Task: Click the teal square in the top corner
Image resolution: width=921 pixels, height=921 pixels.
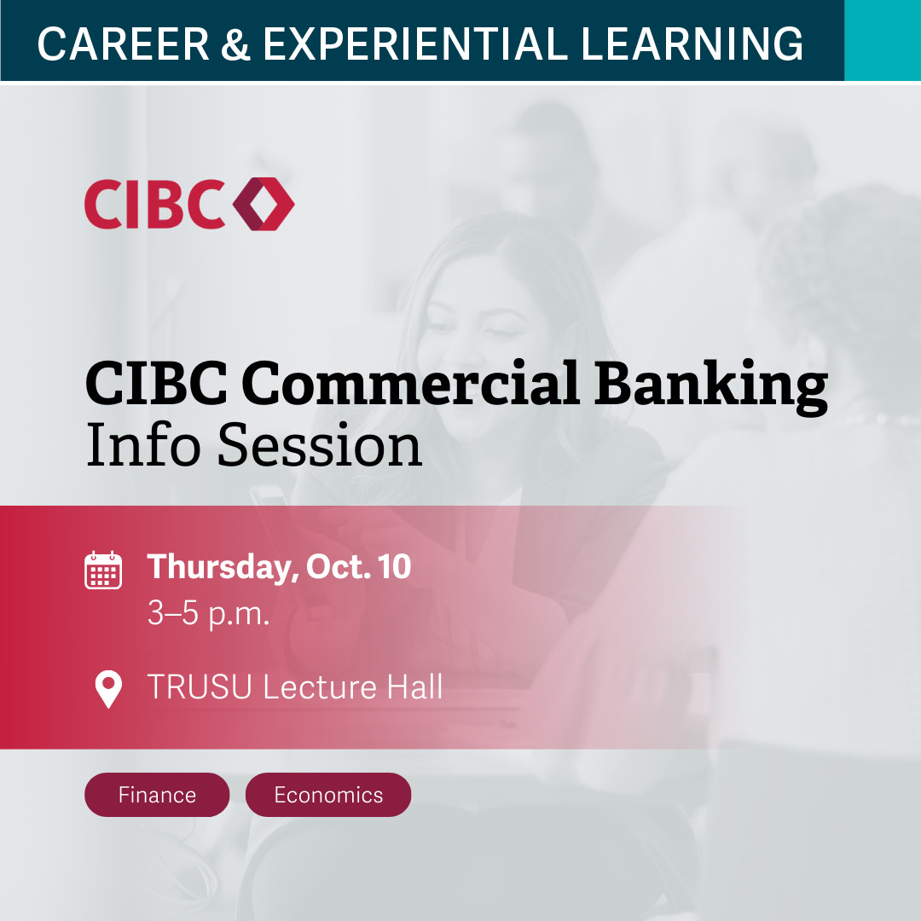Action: [x=882, y=40]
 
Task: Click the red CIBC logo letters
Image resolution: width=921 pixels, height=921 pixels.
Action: [x=153, y=204]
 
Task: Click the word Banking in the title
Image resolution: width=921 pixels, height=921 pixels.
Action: [x=711, y=385]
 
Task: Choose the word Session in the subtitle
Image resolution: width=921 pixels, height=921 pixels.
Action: [x=320, y=446]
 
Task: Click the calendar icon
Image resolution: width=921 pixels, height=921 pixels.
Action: [x=103, y=571]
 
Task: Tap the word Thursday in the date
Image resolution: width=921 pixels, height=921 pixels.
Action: [x=217, y=568]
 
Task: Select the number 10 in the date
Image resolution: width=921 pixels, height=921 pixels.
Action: [x=395, y=568]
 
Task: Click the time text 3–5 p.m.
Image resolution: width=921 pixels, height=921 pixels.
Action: [x=208, y=614]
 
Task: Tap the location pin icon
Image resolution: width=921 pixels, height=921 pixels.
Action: [x=107, y=689]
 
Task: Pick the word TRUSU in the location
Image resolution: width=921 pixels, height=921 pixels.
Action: [x=200, y=687]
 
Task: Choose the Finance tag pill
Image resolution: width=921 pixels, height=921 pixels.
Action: [x=157, y=795]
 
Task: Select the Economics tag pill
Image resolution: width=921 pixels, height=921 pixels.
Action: [x=328, y=795]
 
